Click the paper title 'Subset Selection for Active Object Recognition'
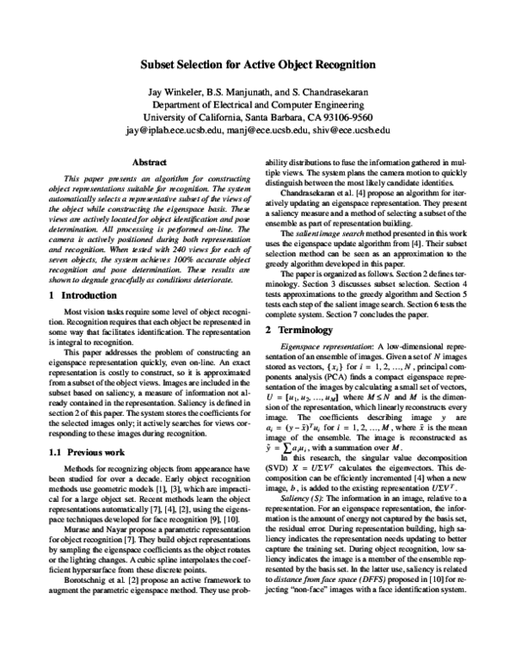[258, 64]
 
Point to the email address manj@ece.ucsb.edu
[273, 130]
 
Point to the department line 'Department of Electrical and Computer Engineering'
[258, 104]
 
